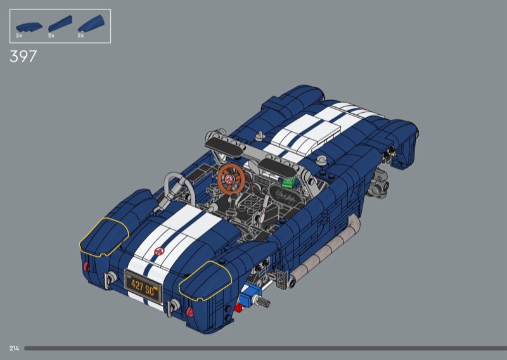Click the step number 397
click(x=23, y=56)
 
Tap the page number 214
click(x=14, y=349)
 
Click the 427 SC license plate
click(x=143, y=288)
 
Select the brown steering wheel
click(x=231, y=179)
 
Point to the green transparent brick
click(x=289, y=182)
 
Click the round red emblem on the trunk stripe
click(x=159, y=251)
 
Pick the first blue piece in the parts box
click(x=29, y=27)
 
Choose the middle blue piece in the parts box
click(x=60, y=23)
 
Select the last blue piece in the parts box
click(x=91, y=23)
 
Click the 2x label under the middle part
click(x=51, y=35)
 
